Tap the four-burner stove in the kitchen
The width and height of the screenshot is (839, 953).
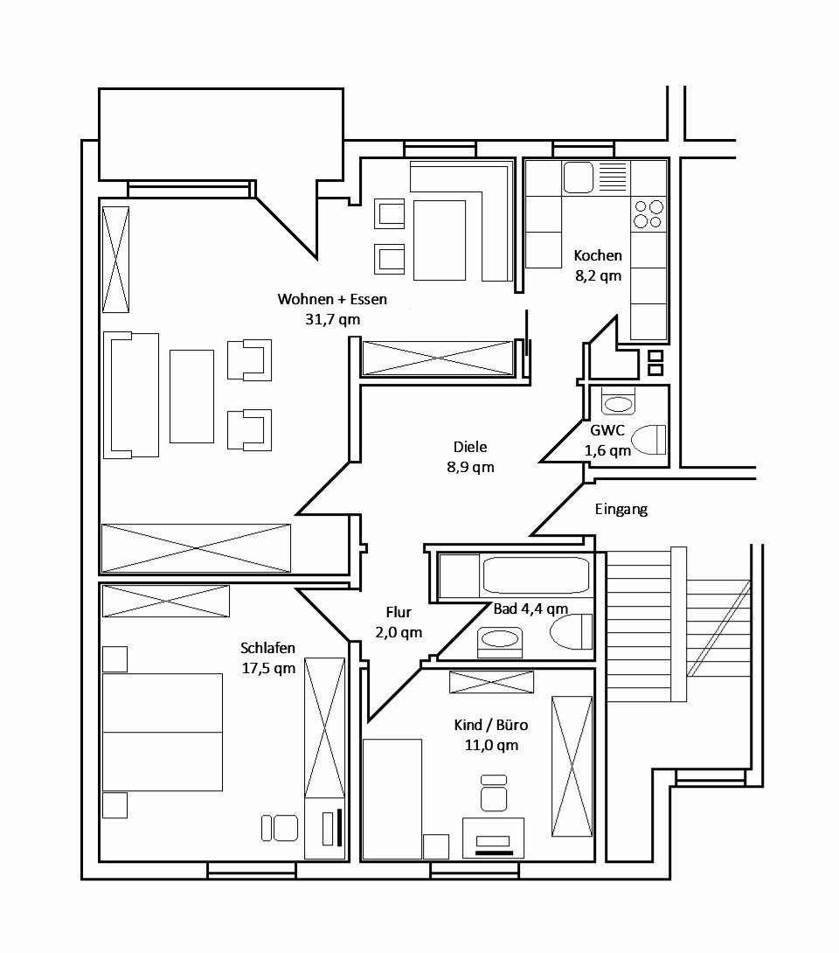(x=648, y=214)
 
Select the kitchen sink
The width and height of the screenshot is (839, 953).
(x=579, y=177)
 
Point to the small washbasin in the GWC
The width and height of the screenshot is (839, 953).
(x=620, y=403)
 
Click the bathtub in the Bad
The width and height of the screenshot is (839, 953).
(x=536, y=576)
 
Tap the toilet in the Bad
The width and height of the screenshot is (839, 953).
(x=572, y=630)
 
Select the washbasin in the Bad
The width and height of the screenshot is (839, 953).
(x=501, y=640)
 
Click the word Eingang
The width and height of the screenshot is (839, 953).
(x=621, y=510)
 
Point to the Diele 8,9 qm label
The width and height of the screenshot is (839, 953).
(x=469, y=457)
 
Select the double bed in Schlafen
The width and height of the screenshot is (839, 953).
(x=163, y=732)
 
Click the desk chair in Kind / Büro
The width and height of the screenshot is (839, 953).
(x=494, y=794)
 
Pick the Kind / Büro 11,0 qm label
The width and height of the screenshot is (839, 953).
(x=490, y=735)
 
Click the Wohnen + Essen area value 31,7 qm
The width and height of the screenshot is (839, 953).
(x=331, y=320)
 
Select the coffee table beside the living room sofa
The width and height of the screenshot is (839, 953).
(x=191, y=395)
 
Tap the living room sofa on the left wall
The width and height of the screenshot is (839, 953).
(x=131, y=394)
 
